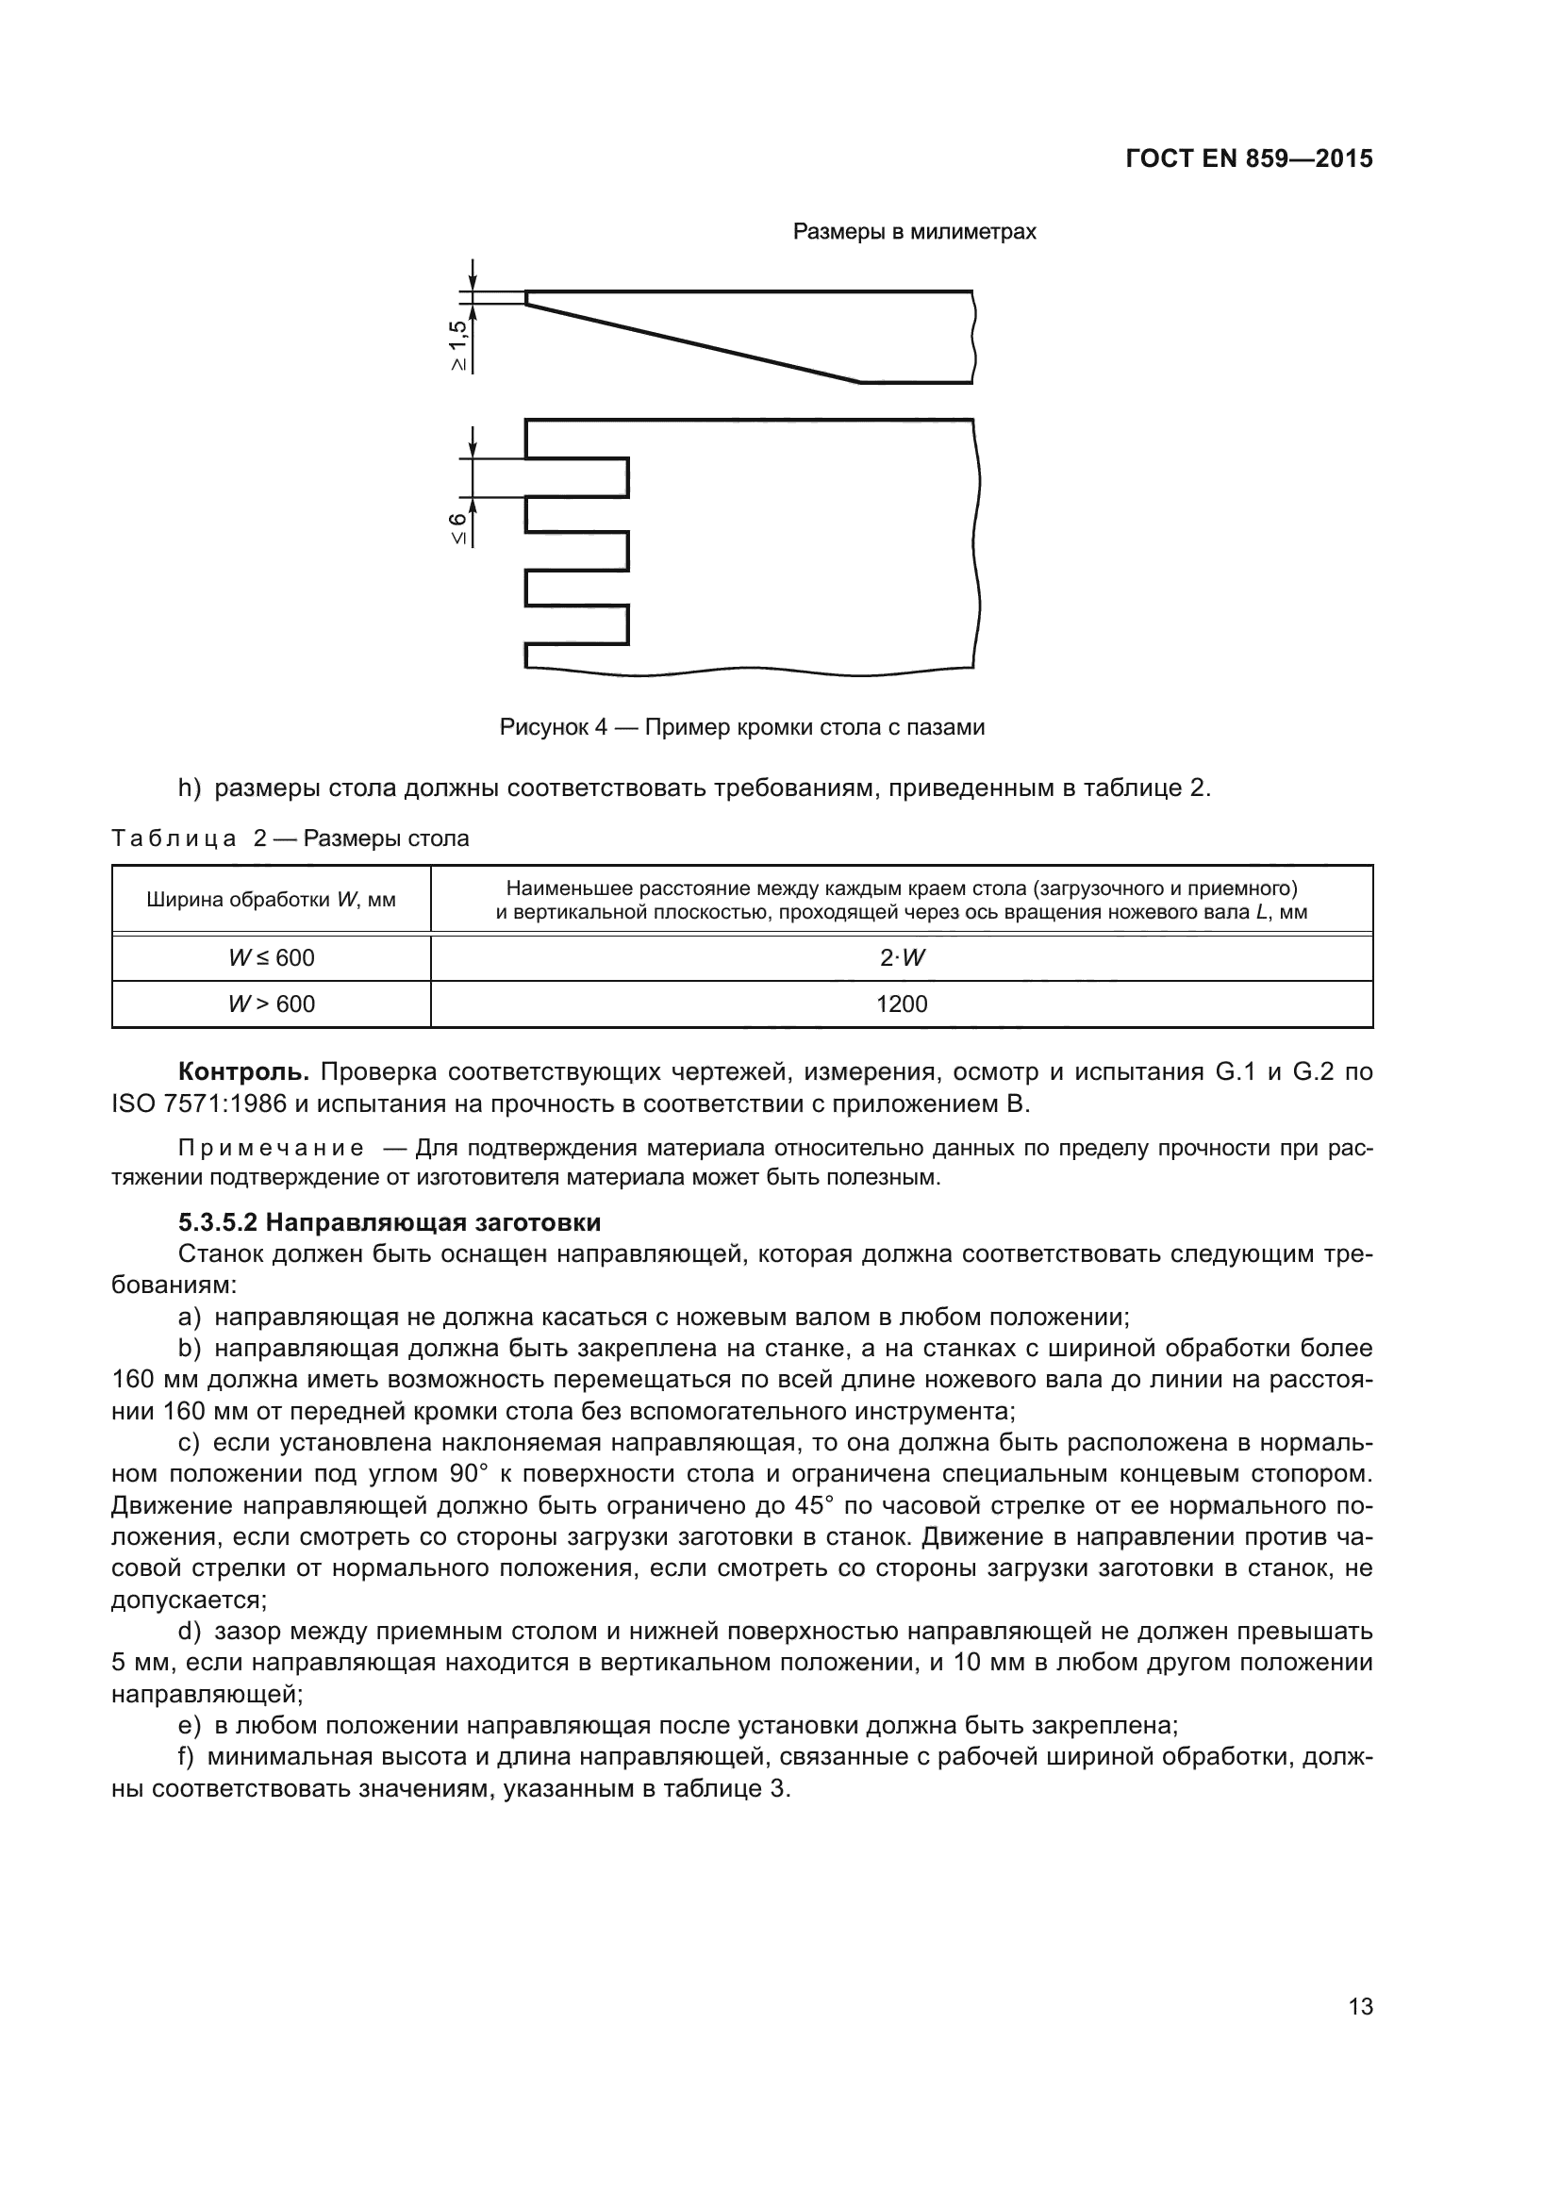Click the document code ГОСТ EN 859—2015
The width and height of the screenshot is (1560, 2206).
coord(1248,158)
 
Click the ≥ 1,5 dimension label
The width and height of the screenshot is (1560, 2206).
coord(458,344)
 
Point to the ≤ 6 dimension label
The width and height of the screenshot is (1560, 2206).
coord(458,527)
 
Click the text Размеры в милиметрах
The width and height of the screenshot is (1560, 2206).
coord(914,232)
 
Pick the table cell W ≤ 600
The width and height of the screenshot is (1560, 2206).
coord(271,958)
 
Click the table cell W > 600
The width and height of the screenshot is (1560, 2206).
coord(271,1004)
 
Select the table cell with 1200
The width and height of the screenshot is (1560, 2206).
coord(901,1004)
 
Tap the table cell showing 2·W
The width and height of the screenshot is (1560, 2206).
coord(901,958)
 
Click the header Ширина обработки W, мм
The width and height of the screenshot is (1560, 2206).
coord(271,901)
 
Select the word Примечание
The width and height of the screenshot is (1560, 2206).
coord(271,1148)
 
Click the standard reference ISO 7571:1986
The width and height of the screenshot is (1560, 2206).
coord(199,1104)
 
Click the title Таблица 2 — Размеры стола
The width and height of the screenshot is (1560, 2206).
coord(290,838)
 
